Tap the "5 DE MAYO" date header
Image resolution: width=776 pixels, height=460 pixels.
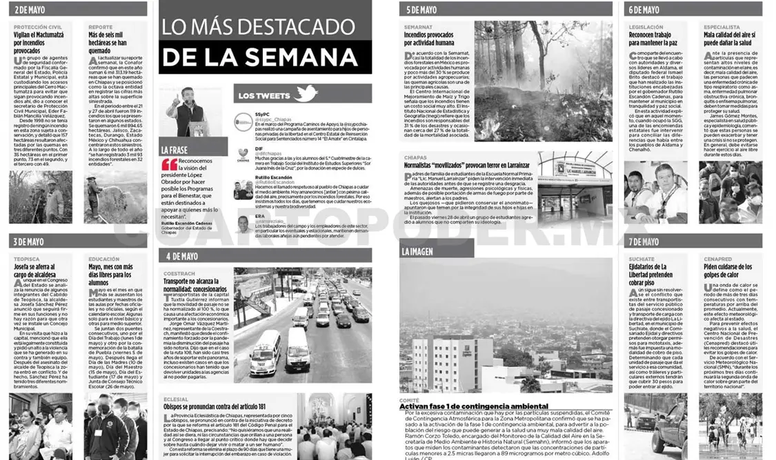(x=421, y=10)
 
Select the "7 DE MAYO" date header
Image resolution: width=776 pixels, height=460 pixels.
(x=644, y=241)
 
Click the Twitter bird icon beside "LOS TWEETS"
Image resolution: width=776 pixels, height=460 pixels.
(x=305, y=94)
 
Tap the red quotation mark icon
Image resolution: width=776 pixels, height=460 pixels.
(x=170, y=165)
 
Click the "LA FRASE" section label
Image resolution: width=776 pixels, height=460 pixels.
(x=175, y=150)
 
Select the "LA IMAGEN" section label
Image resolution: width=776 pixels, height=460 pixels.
(x=418, y=252)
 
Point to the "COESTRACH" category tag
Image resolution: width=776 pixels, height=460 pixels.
(x=179, y=274)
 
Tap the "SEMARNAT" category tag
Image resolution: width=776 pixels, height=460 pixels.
(x=418, y=27)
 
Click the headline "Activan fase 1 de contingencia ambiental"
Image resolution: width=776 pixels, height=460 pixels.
(x=474, y=406)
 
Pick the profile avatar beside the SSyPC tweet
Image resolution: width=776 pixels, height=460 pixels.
(x=243, y=122)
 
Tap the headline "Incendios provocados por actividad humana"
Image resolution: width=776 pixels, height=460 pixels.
(x=438, y=39)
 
